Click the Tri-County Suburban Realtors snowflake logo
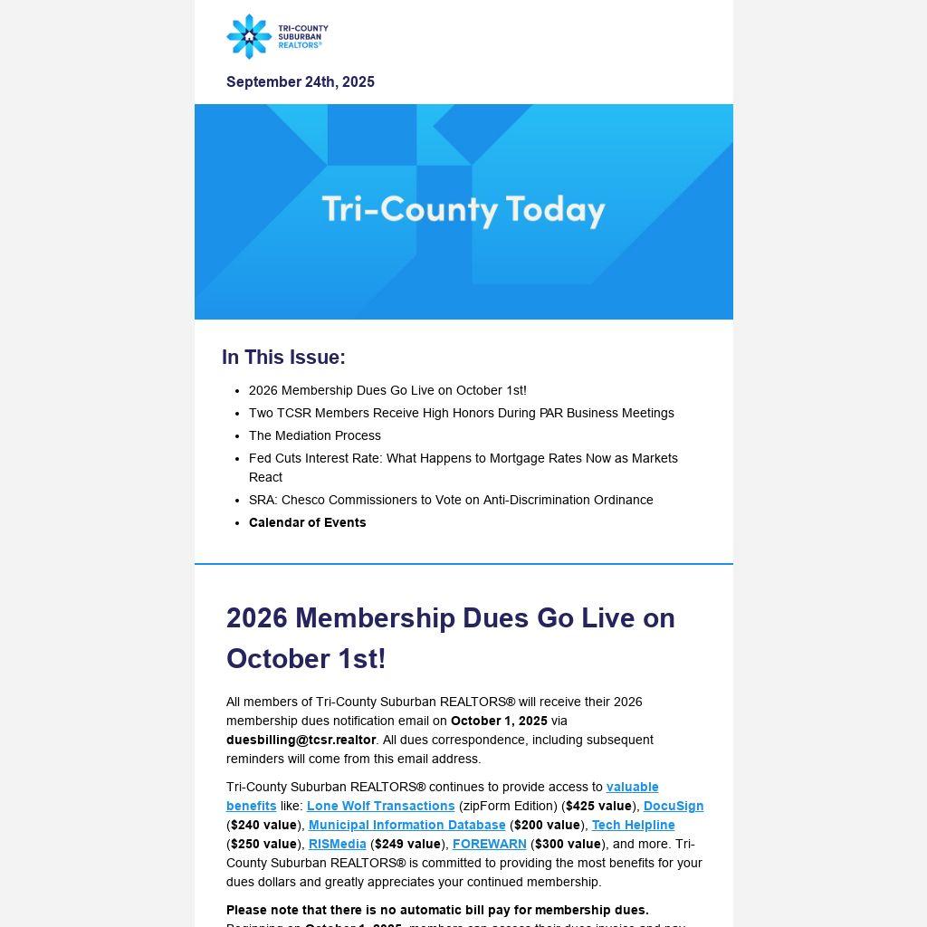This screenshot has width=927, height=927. [x=249, y=36]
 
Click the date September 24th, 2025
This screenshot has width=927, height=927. [x=301, y=82]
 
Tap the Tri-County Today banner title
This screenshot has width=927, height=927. [x=463, y=209]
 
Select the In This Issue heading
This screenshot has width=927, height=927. [x=283, y=358]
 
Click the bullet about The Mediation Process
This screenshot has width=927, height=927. [x=315, y=435]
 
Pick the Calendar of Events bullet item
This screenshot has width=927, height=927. [x=308, y=522]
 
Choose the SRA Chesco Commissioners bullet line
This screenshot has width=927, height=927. [x=451, y=500]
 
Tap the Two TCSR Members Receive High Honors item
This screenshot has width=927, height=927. [x=462, y=413]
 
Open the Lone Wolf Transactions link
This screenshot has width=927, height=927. [x=381, y=806]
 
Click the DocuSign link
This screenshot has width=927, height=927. [x=674, y=806]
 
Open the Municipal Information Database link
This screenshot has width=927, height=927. [x=407, y=825]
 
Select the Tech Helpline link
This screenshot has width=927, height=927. [x=634, y=825]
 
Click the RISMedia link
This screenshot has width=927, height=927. [x=338, y=844]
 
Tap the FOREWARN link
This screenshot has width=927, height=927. [x=490, y=844]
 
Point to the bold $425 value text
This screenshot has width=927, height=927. [x=599, y=806]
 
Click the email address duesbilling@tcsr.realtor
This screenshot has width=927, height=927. [x=301, y=740]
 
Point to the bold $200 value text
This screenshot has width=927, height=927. [x=548, y=825]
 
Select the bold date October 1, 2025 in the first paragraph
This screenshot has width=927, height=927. [x=499, y=721]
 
